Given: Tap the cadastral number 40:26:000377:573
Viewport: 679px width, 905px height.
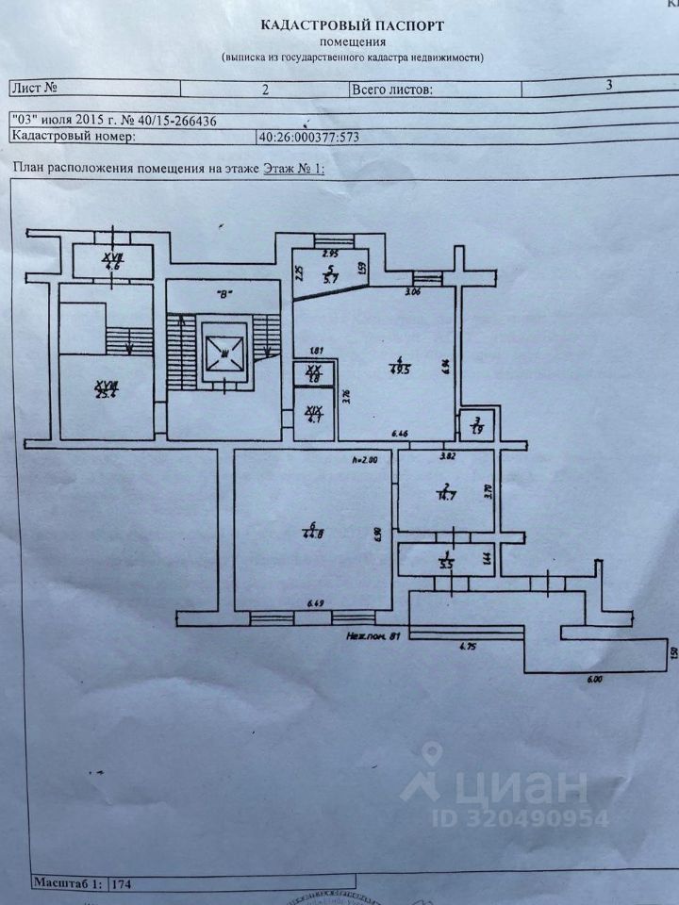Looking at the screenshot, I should click(x=309, y=136).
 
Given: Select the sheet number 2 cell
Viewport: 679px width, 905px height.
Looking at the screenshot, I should click(x=266, y=90).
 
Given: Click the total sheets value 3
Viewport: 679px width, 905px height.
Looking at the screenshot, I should click(x=610, y=85).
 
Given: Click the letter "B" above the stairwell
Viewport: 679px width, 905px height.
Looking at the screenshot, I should click(x=224, y=293).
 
